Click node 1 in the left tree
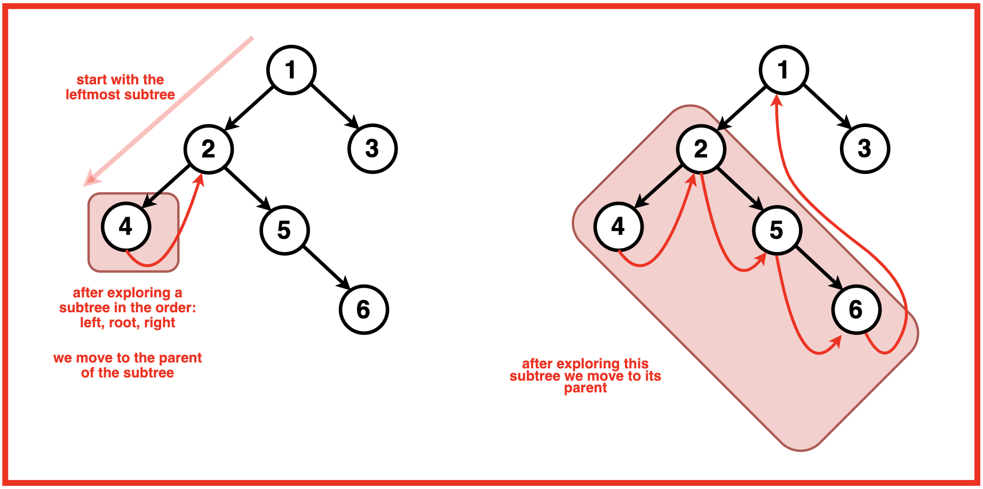pyautogui.click(x=291, y=70)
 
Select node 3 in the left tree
pyautogui.click(x=372, y=148)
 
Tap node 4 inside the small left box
pyautogui.click(x=126, y=226)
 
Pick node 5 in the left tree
pyautogui.click(x=284, y=230)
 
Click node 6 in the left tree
pyautogui.click(x=363, y=310)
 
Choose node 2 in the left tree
pyautogui.click(x=209, y=149)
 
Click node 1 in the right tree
pyautogui.click(x=784, y=70)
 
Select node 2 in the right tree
pyautogui.click(x=701, y=149)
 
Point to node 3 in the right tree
pyautogui.click(x=865, y=148)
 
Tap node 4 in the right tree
pyautogui.click(x=619, y=226)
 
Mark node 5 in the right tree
pyautogui.click(x=777, y=230)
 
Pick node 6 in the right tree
pyautogui.click(x=856, y=310)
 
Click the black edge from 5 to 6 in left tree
pyautogui.click(x=324, y=267)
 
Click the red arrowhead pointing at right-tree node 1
pyautogui.click(x=777, y=100)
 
